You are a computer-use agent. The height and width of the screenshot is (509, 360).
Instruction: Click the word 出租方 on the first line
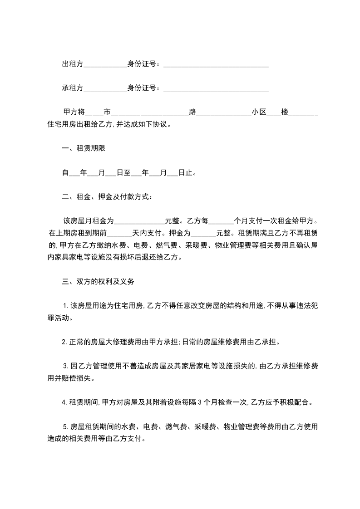[x=73, y=64]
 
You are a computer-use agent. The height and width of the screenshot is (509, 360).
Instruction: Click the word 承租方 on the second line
[x=73, y=88]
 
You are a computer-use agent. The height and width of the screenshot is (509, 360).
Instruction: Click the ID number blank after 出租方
[x=216, y=65]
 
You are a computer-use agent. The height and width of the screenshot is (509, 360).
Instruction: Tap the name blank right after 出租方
[x=105, y=65]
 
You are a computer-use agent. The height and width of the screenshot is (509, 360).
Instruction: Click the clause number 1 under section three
[x=65, y=305]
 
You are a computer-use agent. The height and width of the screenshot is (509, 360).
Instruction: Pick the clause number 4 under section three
[x=64, y=402]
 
